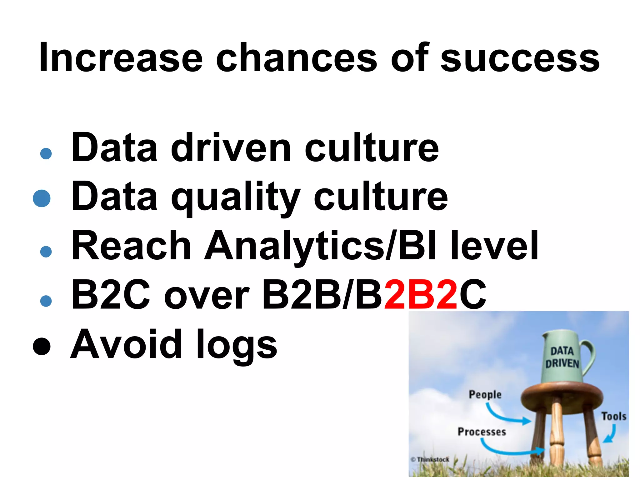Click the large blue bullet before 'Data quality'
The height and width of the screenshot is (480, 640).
42,198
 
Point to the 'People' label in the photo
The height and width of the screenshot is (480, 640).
485,394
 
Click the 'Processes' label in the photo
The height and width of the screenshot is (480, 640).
482,432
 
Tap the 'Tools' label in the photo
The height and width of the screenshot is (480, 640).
614,416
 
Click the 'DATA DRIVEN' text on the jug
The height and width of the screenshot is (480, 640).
562,357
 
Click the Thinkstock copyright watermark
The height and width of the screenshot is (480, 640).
430,459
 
